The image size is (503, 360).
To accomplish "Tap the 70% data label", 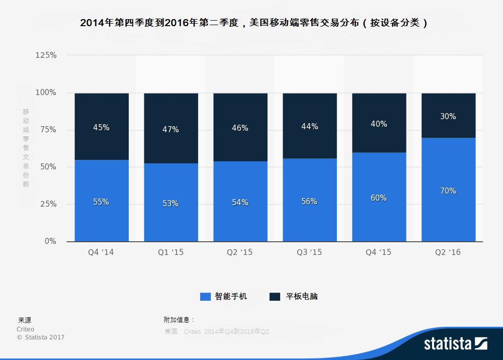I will (448, 191).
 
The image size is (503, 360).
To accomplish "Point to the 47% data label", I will (171, 130).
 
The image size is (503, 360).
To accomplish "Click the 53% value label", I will (171, 204).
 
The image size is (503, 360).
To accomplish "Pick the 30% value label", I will (448, 117).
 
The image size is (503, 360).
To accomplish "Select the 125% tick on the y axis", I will (46, 55).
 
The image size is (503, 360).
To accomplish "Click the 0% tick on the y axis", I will (50, 241).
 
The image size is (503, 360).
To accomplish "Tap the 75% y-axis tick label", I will (48, 130).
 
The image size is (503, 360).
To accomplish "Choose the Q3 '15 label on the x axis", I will (309, 252).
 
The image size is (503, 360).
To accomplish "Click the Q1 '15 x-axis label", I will (171, 252).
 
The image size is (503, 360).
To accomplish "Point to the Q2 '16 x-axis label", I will (448, 252).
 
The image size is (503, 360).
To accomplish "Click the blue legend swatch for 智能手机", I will (205, 297).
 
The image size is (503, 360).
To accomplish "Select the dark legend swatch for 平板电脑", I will (275, 297).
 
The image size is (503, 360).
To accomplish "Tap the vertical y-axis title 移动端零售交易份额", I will (26, 148).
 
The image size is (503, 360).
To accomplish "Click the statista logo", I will (455, 344).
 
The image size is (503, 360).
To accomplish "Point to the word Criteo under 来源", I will (26, 329).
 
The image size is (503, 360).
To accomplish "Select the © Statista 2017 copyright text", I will (41, 337).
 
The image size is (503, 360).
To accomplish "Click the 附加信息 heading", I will (179, 320).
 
